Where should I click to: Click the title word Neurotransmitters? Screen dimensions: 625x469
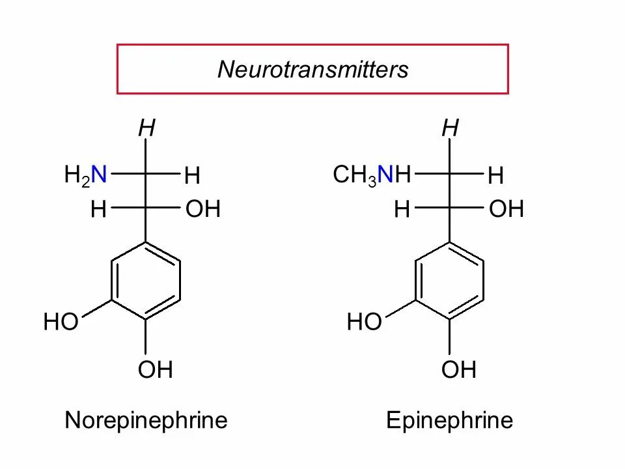click(x=312, y=69)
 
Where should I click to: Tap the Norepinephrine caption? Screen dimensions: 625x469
click(x=146, y=420)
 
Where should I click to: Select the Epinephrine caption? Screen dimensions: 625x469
click(x=449, y=420)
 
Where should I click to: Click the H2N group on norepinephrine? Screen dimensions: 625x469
click(x=85, y=175)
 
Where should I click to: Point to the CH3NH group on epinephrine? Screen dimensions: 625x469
click(x=372, y=175)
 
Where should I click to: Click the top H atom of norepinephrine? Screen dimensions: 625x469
click(x=146, y=129)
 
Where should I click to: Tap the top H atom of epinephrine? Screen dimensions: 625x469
click(x=450, y=129)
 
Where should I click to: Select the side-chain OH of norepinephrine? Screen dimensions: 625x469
click(x=203, y=210)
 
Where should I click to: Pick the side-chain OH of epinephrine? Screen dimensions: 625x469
click(x=507, y=210)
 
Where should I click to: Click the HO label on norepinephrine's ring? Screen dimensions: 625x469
click(x=61, y=322)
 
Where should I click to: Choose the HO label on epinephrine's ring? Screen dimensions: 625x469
click(x=364, y=322)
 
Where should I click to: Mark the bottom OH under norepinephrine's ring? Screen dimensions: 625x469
click(x=155, y=370)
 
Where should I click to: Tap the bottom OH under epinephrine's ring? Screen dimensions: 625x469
click(x=459, y=370)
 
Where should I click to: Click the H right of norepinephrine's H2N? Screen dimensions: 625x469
click(x=192, y=176)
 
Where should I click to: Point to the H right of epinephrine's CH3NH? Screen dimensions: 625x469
click(x=495, y=176)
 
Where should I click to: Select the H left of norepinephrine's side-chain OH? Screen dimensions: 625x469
click(x=99, y=210)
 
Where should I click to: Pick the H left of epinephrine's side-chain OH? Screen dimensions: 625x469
click(x=402, y=210)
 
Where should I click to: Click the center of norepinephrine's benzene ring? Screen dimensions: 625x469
click(x=146, y=281)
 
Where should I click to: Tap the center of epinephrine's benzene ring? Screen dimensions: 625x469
click(x=449, y=281)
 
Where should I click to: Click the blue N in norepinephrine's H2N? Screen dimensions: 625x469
click(x=99, y=175)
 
